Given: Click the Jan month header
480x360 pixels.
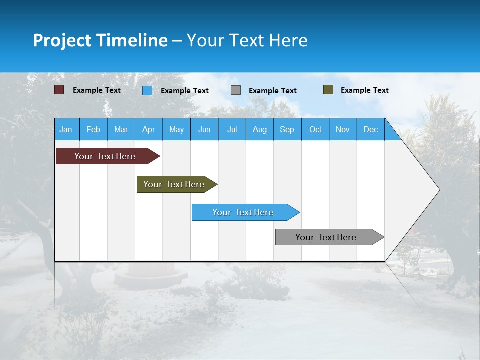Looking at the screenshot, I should (66, 129).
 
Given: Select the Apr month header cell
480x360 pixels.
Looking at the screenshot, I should (149, 129).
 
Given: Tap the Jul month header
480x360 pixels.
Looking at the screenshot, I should (232, 129).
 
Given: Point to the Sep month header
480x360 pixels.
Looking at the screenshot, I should (287, 129).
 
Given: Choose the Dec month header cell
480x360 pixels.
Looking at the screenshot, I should (370, 129).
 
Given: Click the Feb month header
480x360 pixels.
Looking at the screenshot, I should (93, 129).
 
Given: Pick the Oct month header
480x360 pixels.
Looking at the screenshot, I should (315, 129).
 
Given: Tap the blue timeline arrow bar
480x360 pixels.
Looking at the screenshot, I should (243, 212).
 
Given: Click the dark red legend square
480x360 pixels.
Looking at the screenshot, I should (59, 90).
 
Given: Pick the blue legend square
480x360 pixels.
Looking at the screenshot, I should (147, 90).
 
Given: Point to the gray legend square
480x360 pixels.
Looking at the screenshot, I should (236, 90).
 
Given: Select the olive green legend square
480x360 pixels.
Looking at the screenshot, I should (328, 90).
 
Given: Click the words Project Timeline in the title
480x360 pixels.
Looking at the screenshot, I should (100, 40).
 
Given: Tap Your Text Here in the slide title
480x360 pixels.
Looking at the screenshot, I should (247, 40).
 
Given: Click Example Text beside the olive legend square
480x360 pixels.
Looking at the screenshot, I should (364, 90).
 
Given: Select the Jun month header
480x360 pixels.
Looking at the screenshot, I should (204, 129).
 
